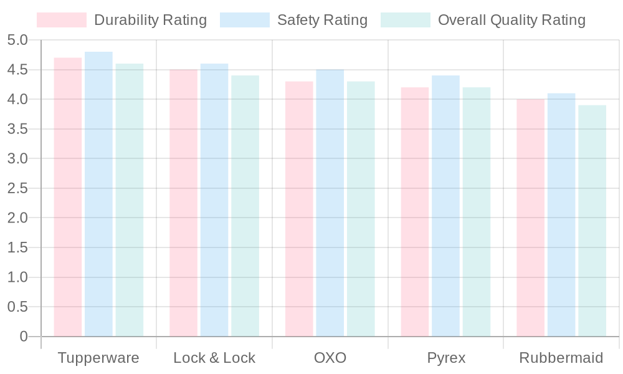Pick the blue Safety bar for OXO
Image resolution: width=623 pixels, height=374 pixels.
330,203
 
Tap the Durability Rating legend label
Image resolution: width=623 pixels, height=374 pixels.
150,20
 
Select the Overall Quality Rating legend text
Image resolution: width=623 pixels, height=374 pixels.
511,20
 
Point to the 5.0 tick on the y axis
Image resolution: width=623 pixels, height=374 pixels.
18,41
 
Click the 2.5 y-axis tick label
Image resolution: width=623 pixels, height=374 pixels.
18,188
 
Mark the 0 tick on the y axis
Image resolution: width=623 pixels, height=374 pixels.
24,337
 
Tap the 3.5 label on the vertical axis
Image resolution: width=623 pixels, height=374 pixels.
18,129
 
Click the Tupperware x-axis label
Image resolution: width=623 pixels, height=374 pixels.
98,358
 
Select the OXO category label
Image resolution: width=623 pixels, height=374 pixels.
330,358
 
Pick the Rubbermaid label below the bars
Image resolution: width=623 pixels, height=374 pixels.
561,358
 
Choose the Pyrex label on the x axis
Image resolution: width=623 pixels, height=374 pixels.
446,358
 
